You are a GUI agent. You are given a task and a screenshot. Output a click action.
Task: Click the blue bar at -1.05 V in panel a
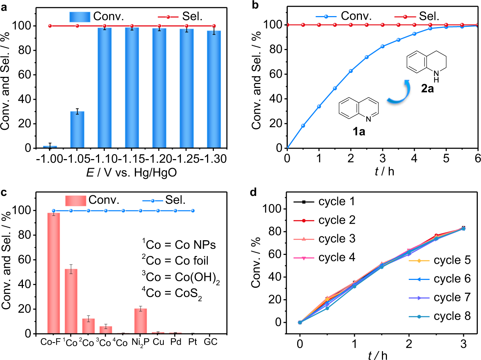[x=77, y=130]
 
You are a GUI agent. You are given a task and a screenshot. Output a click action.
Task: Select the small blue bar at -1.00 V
[x=50, y=147]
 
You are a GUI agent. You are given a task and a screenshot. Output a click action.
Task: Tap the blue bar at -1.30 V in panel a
[x=214, y=89]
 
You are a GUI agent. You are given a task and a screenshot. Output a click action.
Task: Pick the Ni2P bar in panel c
[x=141, y=321]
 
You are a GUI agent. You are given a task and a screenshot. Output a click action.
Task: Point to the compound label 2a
[x=427, y=88]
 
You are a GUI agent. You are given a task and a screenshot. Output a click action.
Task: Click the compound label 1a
[x=359, y=132]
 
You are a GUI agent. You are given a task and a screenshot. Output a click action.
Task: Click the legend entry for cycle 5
[x=440, y=260]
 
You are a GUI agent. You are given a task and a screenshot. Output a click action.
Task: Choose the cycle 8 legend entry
[x=440, y=316]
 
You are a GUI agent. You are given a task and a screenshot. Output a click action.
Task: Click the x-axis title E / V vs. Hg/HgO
[x=131, y=173]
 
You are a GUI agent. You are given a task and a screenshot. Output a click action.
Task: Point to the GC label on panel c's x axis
[x=210, y=342]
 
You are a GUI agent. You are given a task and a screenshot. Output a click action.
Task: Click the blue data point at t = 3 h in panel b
[x=383, y=46]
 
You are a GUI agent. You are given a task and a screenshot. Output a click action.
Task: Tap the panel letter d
[x=253, y=193]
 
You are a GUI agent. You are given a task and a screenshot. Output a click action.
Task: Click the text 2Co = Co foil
[x=175, y=261]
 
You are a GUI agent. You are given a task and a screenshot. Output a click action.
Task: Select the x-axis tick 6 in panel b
[x=477, y=158]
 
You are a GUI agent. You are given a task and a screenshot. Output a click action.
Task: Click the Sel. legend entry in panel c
[x=165, y=200]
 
